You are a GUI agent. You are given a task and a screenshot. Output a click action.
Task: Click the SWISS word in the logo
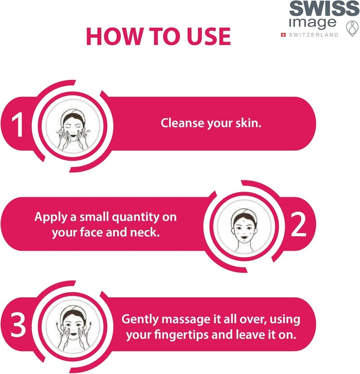pos(324,9)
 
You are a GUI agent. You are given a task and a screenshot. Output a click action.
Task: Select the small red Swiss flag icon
pos(283,35)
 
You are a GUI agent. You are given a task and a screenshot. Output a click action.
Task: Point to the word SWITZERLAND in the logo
pos(314,35)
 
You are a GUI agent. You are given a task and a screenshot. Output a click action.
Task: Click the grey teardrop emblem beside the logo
pos(352,29)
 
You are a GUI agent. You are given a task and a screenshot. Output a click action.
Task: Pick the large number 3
pos(18,325)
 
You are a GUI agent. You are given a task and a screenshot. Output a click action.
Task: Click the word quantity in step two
pos(135,218)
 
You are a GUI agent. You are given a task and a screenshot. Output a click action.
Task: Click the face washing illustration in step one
pos(72,126)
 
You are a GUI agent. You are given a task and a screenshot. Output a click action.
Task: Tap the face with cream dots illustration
pos(244,227)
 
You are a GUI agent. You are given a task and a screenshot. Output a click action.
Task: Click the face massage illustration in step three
pos(72,326)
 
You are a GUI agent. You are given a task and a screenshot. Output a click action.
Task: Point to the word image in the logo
pos(312,23)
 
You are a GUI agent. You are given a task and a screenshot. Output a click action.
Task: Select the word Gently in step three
pos(139,320)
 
